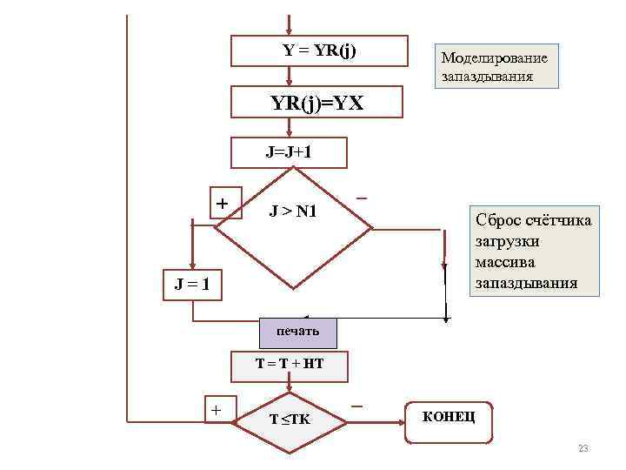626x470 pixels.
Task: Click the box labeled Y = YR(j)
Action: [x=319, y=50]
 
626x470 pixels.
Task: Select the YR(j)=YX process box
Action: [x=316, y=103]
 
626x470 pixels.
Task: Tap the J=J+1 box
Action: [x=289, y=152]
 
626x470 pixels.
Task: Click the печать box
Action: [x=298, y=332]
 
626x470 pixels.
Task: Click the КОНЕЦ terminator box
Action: [x=449, y=417]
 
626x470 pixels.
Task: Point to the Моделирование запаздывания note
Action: [x=496, y=67]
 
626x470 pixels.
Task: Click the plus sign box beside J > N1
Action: [x=223, y=203]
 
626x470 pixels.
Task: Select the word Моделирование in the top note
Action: [x=494, y=58]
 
